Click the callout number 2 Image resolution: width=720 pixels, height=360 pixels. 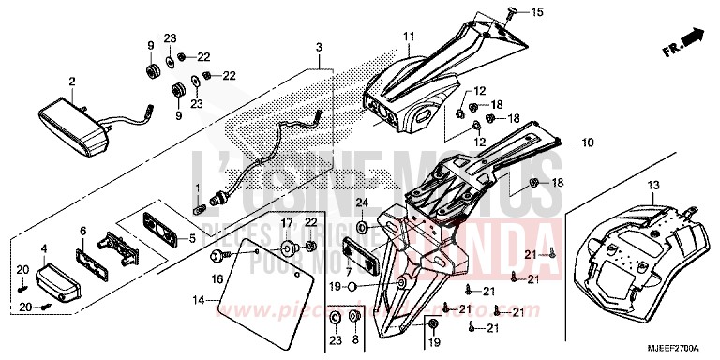pos(71,82)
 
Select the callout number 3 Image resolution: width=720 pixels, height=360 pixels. pos(319,46)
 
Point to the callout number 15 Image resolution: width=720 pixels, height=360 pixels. pos(538,12)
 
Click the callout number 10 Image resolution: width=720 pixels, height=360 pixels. pos(588,143)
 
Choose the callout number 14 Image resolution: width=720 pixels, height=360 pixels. pos(197,300)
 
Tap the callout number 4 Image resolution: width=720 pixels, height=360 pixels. pos(43,248)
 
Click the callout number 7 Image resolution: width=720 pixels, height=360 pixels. pos(350,272)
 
